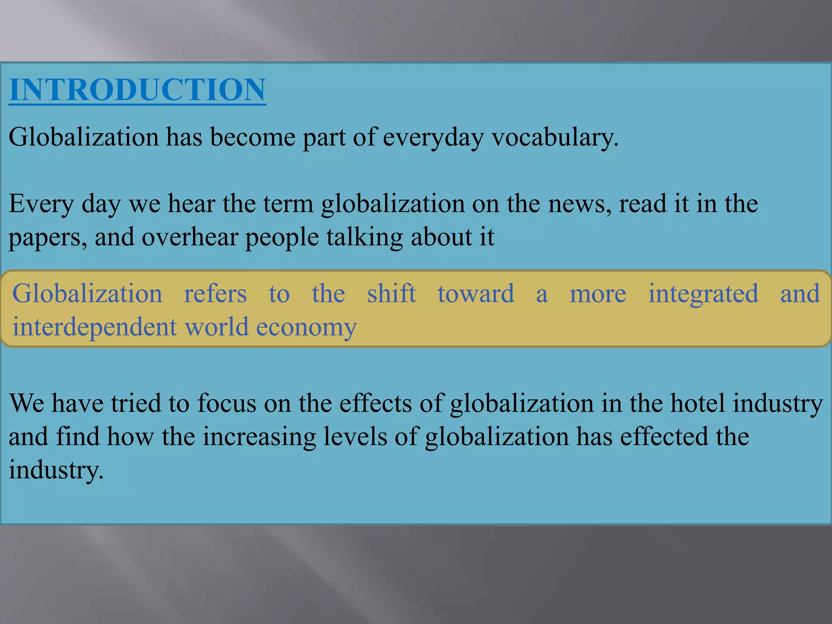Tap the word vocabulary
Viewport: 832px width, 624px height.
[555, 137]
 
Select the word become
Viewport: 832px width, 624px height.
[252, 137]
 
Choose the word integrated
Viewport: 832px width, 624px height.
[703, 294]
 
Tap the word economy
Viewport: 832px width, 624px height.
[306, 327]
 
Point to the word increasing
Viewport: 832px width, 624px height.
[259, 437]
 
